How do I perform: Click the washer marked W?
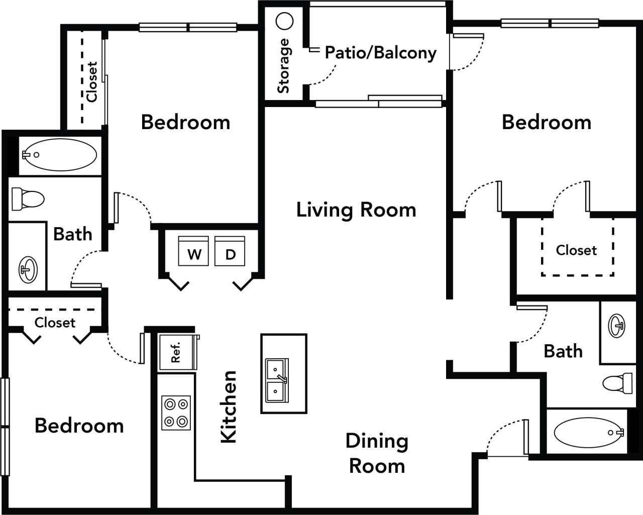click(193, 251)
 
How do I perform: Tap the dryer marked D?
click(230, 251)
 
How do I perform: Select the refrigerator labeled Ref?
click(176, 352)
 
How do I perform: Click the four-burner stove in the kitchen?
click(176, 413)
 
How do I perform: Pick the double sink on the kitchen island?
click(277, 380)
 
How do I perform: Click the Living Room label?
click(356, 210)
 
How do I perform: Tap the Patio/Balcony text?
click(380, 53)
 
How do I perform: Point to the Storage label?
click(284, 66)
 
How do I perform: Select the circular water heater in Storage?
click(285, 22)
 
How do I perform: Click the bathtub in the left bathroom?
click(59, 155)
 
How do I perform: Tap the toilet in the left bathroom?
click(28, 199)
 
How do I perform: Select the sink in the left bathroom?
click(28, 270)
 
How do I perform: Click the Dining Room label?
click(376, 453)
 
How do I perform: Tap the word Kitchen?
click(229, 407)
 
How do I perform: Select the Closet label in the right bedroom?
click(576, 250)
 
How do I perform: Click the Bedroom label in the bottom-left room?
click(79, 426)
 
